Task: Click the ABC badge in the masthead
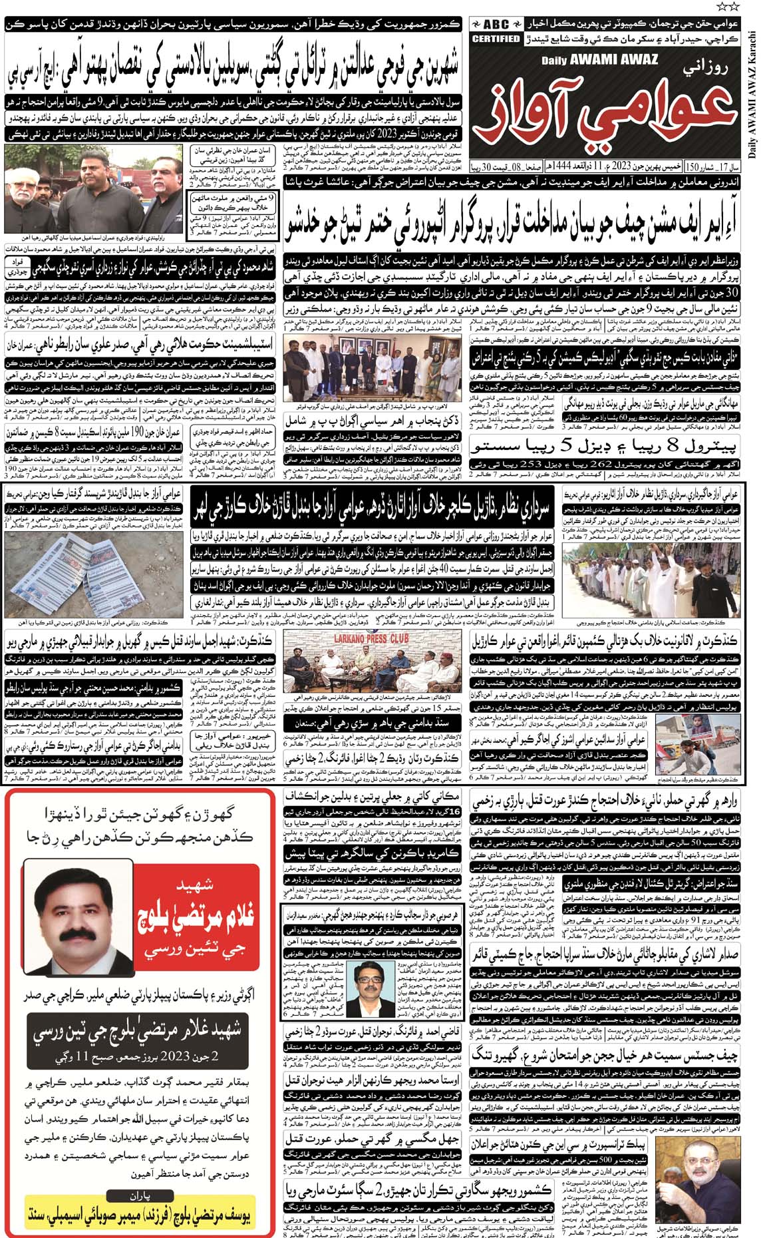click(x=496, y=22)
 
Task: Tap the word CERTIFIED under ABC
click(x=496, y=39)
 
